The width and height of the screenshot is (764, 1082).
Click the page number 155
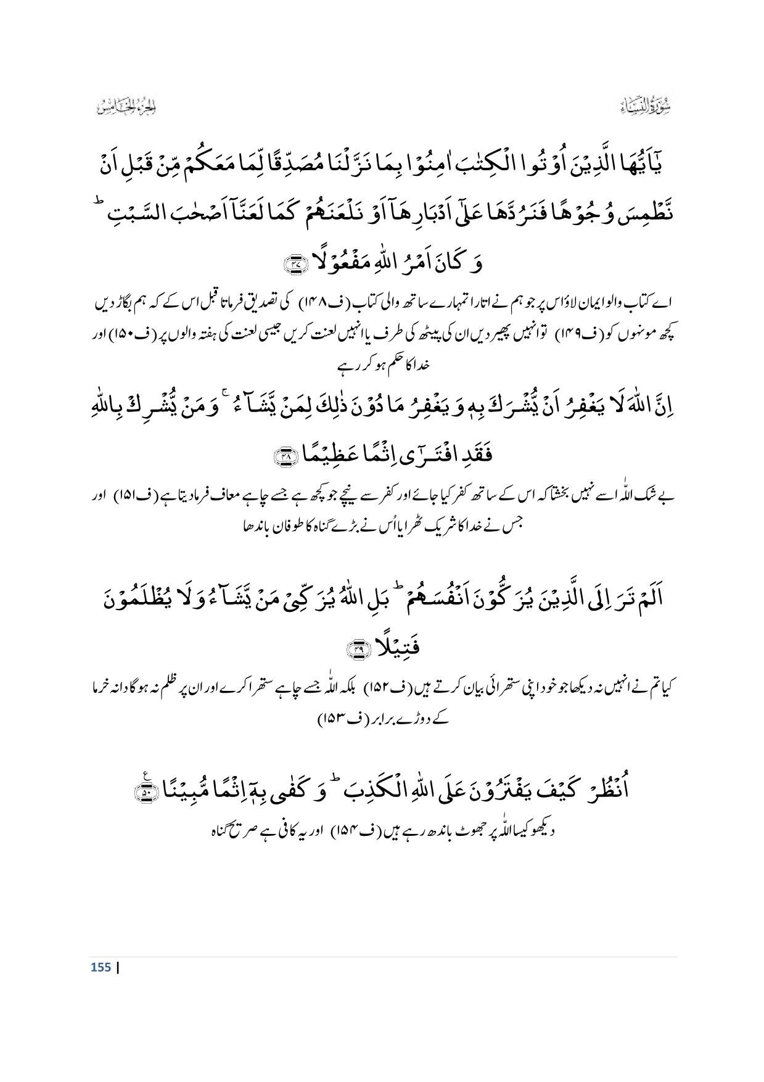click(x=101, y=967)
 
